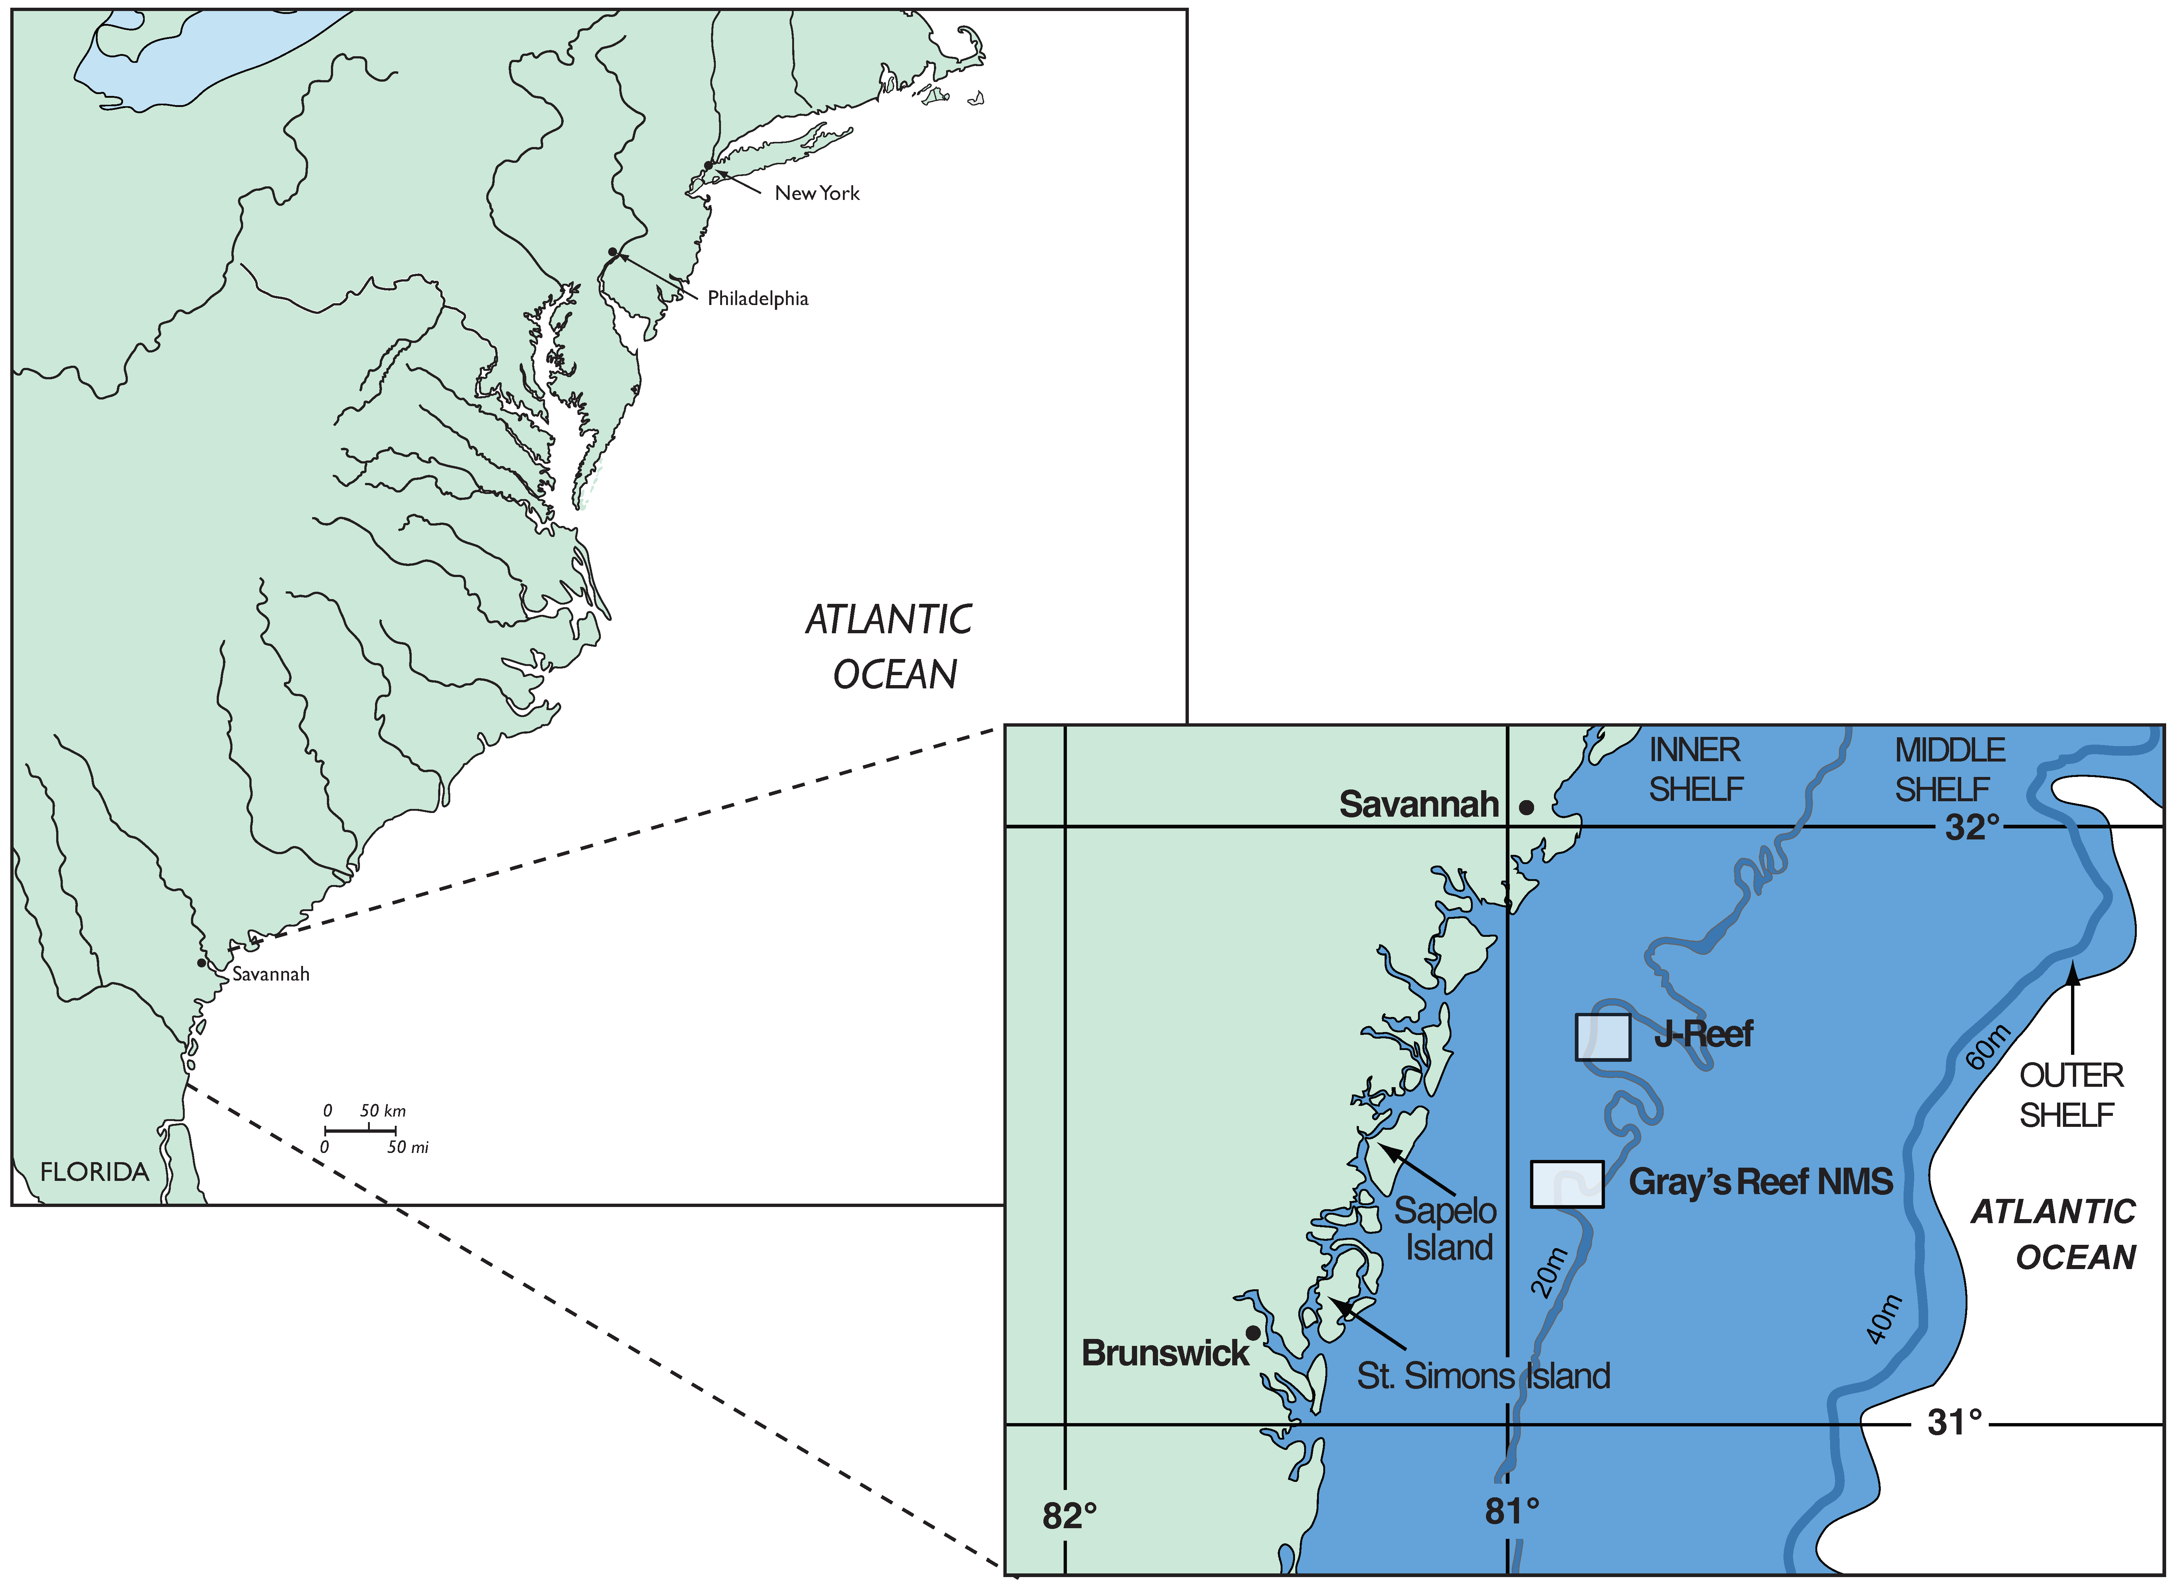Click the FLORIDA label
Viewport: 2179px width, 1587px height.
(x=94, y=1172)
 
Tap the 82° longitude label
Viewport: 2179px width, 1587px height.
(x=1069, y=1516)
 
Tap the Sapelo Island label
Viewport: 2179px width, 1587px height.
(x=1446, y=1228)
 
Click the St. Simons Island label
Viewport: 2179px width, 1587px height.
(x=1482, y=1376)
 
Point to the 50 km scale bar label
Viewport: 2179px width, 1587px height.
(x=382, y=1110)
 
